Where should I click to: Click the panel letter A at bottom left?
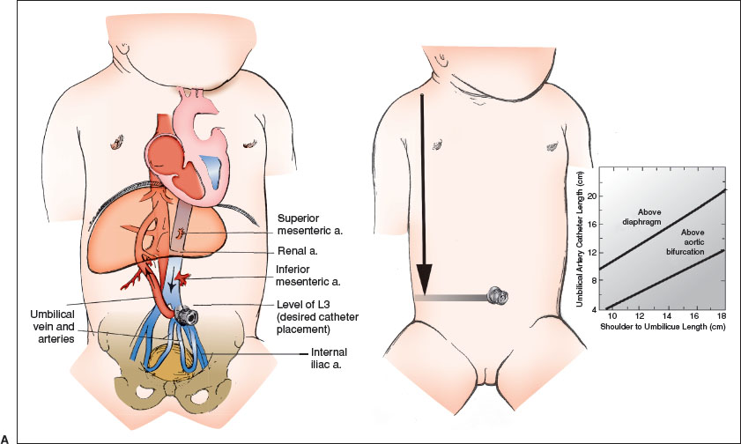[x=6, y=438]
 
